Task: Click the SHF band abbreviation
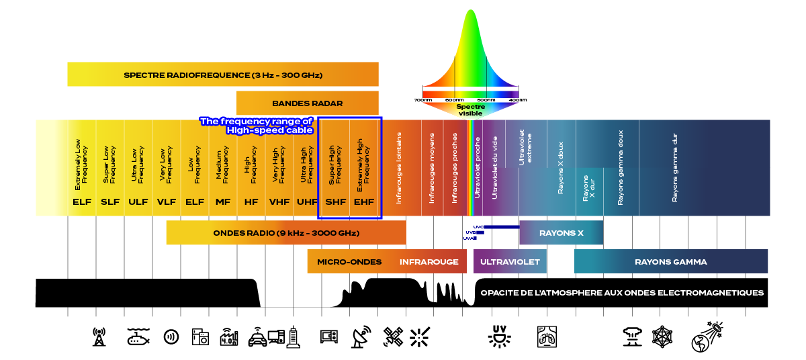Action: (x=335, y=201)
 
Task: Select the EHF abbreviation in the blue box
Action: (x=364, y=201)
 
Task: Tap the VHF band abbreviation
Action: (x=279, y=201)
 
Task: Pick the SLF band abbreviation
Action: (x=110, y=201)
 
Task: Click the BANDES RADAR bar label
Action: (x=308, y=103)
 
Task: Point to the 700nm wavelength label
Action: (x=423, y=100)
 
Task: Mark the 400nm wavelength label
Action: (x=518, y=100)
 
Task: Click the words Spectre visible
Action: (x=470, y=110)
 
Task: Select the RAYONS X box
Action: (x=561, y=233)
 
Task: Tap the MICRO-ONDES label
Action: (x=349, y=262)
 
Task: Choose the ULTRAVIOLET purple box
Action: (x=510, y=262)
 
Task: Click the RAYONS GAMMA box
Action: (x=670, y=262)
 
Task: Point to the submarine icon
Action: (x=138, y=336)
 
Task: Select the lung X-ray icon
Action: (x=547, y=336)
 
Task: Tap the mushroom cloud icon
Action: (x=631, y=335)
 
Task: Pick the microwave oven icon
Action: (x=330, y=336)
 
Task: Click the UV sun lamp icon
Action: (x=499, y=336)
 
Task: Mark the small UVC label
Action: (x=478, y=227)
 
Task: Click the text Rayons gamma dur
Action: (x=675, y=167)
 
